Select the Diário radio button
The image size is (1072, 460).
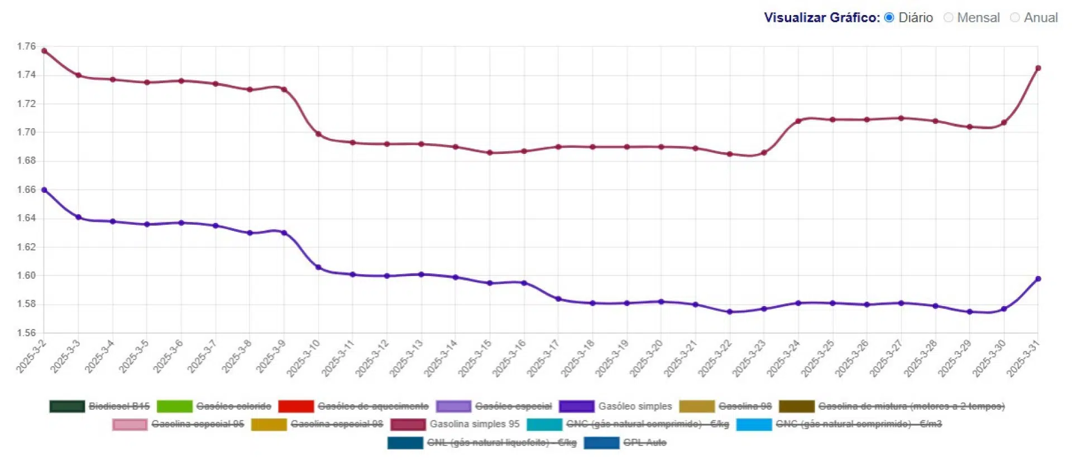coord(889,18)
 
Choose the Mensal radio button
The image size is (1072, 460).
coord(948,18)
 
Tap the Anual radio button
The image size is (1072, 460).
coord(1014,18)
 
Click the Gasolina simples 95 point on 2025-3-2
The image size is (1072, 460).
coord(44,51)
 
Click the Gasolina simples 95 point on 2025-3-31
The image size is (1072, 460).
coord(1038,68)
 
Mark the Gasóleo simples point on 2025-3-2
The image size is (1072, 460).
coord(44,190)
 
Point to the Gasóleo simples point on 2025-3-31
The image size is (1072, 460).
coord(1038,279)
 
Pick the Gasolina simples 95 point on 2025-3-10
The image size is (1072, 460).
coord(318,134)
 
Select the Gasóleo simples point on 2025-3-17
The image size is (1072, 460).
coord(558,299)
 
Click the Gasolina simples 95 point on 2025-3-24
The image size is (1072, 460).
coord(798,121)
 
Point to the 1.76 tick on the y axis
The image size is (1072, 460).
coord(26,46)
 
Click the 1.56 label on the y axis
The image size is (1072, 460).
coord(26,333)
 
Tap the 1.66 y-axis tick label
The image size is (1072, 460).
coord(26,190)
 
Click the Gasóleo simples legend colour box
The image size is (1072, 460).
coord(576,406)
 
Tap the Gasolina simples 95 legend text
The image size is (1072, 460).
coord(474,424)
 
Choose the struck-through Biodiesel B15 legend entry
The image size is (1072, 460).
coord(119,406)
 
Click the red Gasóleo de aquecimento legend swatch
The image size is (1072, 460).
coord(295,406)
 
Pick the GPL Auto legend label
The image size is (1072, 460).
coord(644,443)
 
